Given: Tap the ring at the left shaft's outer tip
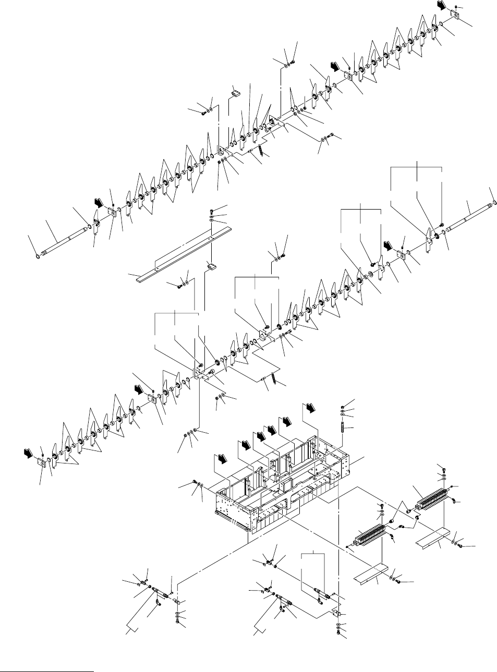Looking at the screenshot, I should click(37, 255).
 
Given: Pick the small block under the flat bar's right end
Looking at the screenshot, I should click(211, 267).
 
